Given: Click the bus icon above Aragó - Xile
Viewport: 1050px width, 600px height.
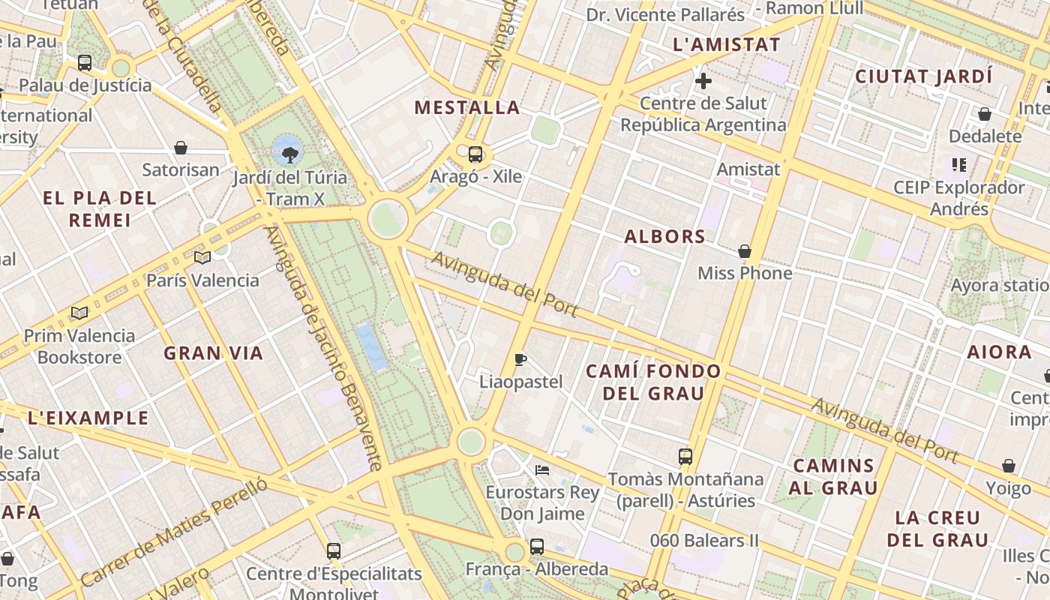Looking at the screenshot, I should tap(475, 154).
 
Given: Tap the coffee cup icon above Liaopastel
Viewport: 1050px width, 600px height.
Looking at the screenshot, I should tap(520, 359).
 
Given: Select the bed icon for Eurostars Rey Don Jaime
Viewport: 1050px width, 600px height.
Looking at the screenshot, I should tap(542, 470).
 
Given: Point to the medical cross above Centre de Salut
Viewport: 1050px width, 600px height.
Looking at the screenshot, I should tap(703, 81).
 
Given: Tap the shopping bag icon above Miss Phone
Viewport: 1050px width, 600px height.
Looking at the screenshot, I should tap(745, 251).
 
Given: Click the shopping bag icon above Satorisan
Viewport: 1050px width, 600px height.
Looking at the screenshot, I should tap(181, 148).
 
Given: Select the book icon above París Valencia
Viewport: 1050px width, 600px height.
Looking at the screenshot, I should tap(202, 258).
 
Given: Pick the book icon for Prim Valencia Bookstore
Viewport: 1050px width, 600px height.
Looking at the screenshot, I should tap(79, 313).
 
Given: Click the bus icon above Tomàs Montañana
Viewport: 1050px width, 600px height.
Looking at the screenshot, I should tap(685, 456).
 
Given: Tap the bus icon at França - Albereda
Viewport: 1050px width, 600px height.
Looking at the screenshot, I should tap(537, 547).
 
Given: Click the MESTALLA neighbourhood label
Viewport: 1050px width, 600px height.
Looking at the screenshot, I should tap(467, 108).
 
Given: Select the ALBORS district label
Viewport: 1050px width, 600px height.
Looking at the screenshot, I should tap(665, 237).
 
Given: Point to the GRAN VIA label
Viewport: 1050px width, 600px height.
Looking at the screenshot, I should tap(214, 353).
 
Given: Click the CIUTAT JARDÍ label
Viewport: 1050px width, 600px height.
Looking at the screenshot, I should tap(923, 76).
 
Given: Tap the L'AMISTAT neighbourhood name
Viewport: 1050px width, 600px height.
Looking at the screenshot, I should tap(727, 45).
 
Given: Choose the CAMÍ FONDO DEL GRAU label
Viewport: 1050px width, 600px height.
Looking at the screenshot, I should tap(653, 382).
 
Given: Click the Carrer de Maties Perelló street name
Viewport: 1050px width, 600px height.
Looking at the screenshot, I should tap(173, 533).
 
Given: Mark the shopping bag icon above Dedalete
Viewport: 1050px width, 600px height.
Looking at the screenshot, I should tap(984, 115).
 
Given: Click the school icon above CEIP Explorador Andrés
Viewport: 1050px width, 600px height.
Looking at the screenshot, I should tap(958, 164).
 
